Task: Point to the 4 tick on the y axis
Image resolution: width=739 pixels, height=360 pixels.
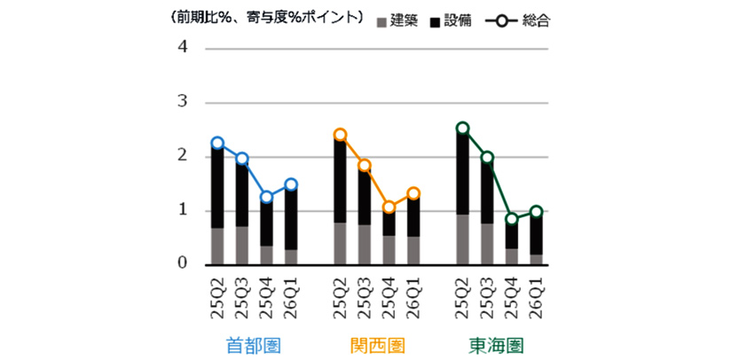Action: (183, 48)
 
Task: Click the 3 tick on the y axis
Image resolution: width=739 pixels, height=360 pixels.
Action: (183, 102)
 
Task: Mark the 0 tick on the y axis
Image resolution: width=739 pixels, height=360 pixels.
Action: (183, 264)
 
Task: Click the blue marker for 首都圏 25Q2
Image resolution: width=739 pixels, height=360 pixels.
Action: (217, 143)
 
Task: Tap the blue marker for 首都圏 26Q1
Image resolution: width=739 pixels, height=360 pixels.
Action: (290, 184)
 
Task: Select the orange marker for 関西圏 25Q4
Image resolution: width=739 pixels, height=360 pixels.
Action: (388, 207)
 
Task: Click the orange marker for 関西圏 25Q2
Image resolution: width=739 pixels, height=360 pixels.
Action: (340, 135)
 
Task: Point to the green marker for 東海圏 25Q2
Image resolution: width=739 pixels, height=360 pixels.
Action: (462, 128)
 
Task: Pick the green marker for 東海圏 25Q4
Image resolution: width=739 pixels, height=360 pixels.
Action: (511, 219)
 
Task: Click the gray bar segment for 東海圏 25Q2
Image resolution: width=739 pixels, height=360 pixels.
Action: (462, 239)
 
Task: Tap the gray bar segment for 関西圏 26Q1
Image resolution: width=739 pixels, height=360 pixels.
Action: (413, 250)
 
